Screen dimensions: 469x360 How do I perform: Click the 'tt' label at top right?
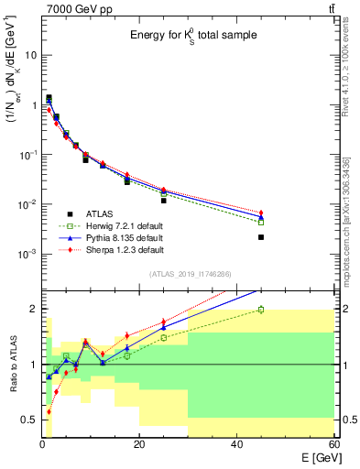pyautogui.click(x=329, y=8)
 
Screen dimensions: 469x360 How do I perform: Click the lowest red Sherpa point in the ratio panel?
pyautogui.click(x=49, y=412)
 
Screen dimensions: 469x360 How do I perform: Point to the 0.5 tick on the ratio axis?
pyautogui.click(x=29, y=420)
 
